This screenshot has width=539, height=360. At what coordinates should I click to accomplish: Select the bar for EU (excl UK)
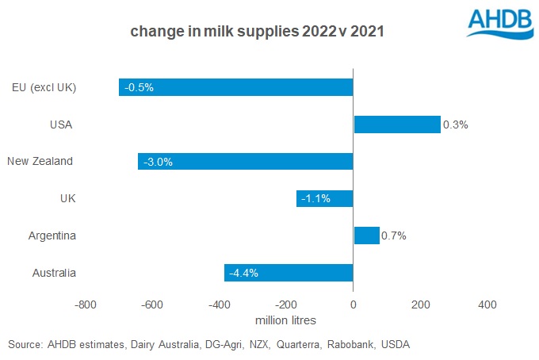coord(235,86)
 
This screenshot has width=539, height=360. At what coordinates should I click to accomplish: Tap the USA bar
coord(396,124)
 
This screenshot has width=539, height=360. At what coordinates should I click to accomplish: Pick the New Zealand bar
coord(245,161)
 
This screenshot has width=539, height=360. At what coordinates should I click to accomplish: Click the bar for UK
coord(324,198)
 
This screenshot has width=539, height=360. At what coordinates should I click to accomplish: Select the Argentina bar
coord(366,236)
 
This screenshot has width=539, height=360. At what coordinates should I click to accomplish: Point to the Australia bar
coord(289,273)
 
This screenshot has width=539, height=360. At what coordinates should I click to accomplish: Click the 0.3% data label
coord(456,124)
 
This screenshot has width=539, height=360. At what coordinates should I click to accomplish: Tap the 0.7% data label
coord(395,236)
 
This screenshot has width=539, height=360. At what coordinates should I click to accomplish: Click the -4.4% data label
coord(243,274)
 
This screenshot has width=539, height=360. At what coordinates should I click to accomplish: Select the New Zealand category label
coord(40,161)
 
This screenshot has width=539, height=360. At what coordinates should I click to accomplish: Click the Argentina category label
coord(52,236)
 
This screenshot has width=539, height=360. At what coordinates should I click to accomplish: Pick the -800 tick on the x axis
coord(85,305)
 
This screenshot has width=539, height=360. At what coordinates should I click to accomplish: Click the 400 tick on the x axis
coord(487,305)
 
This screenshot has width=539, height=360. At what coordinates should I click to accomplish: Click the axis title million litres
coord(285,320)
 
